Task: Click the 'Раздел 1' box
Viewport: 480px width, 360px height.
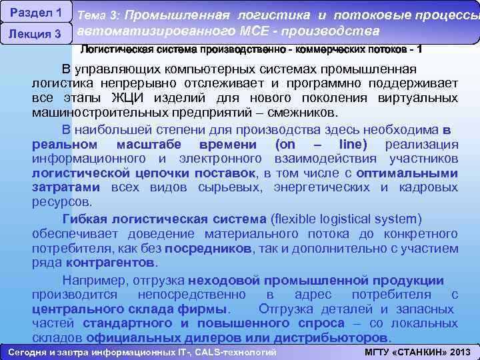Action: click(x=36, y=13)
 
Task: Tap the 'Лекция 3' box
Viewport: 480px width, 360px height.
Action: click(x=36, y=34)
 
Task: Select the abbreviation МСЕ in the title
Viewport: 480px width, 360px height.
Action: click(x=250, y=31)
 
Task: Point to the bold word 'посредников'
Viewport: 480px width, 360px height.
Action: click(x=208, y=248)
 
